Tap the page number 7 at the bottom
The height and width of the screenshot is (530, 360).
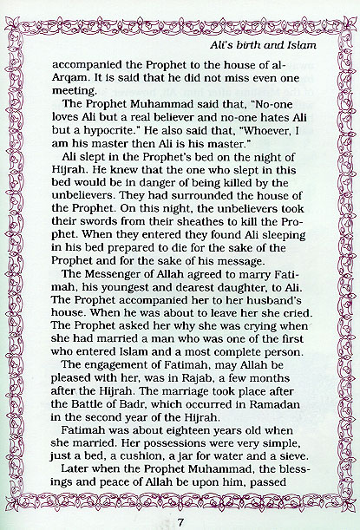click(x=180, y=520)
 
